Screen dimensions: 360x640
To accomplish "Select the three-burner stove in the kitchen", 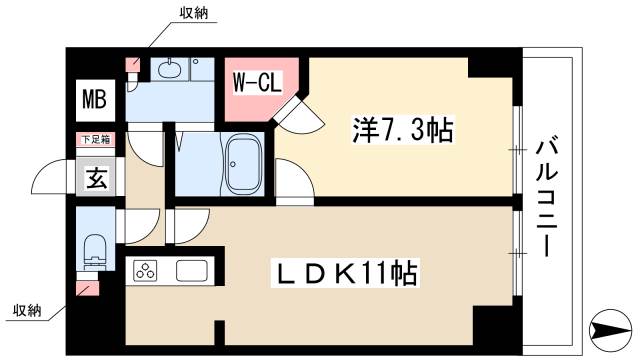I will pyautogui.click(x=147, y=270).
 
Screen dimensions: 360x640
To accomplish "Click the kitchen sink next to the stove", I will pyautogui.click(x=192, y=270).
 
